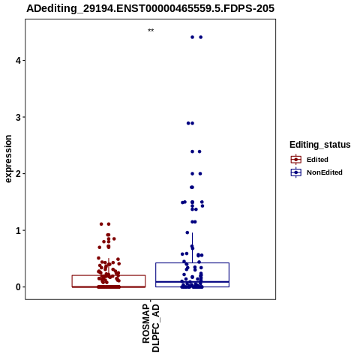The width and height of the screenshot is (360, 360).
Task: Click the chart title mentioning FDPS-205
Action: pos(150,8)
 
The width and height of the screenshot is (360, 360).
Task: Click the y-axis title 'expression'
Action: pos(8,159)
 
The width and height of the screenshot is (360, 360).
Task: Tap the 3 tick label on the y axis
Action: pos(18,117)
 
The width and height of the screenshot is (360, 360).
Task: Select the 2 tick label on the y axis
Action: pos(18,174)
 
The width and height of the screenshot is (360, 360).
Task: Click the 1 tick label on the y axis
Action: pos(18,230)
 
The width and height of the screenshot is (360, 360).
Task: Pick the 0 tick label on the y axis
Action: pos(18,287)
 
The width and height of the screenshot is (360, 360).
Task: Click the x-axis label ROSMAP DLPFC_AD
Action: pos(151,328)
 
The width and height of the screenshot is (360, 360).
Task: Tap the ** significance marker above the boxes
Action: pos(151,30)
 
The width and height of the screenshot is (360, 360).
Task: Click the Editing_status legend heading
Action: pos(320,145)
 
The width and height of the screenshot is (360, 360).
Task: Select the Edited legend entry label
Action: pos(317,160)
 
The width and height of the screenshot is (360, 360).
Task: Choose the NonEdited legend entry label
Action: pos(325,172)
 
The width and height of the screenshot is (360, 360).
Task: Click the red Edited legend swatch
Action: pos(296,160)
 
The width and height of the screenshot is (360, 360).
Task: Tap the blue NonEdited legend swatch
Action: pos(296,172)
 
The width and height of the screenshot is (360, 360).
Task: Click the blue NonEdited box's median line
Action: pos(192,282)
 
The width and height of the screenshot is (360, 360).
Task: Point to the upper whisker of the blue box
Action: pos(192,247)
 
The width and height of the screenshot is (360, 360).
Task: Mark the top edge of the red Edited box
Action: pos(109,275)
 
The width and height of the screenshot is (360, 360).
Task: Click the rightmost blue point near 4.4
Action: pos(201,37)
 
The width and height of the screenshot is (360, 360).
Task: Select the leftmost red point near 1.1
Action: pos(101,224)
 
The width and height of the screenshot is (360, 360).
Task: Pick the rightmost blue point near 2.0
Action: pos(200,174)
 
